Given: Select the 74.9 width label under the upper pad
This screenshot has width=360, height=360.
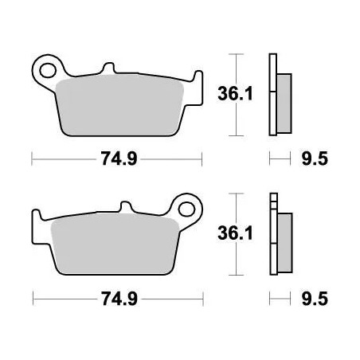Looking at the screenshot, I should coord(118,158).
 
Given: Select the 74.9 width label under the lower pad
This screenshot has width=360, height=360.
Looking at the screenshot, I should coord(118,300).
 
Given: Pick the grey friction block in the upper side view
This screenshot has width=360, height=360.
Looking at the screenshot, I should coord(282,96).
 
